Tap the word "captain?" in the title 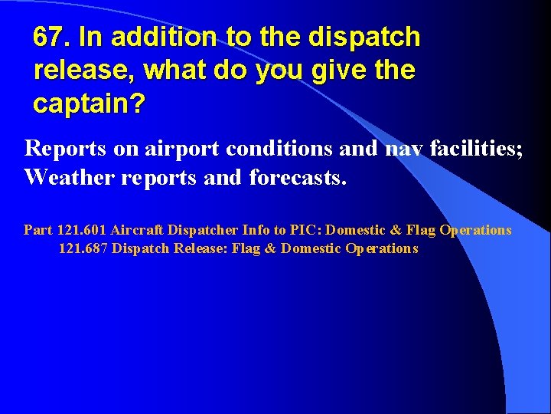pos(89,103)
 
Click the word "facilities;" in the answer pos(477,149)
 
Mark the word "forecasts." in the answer pos(298,179)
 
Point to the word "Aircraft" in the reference pos(137,230)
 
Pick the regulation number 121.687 pos(83,248)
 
